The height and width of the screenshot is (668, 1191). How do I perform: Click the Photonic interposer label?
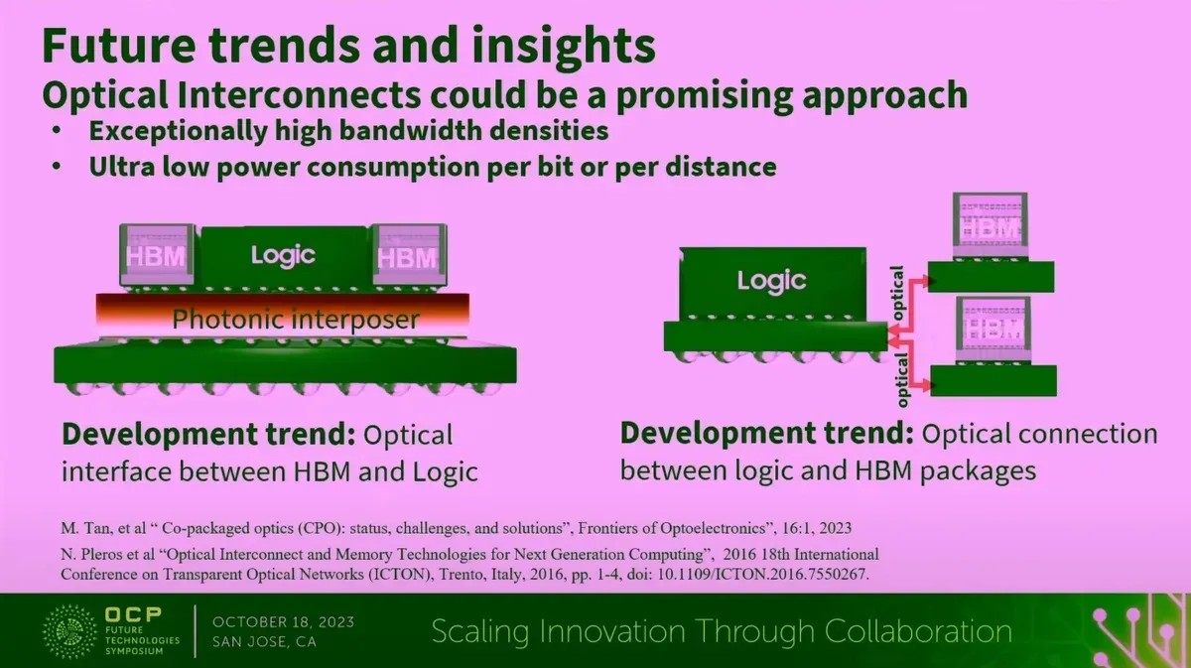[x=296, y=319]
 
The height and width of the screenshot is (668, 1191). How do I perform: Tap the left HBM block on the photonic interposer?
[x=157, y=256]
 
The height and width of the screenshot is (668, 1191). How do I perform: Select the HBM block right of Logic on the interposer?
[x=409, y=256]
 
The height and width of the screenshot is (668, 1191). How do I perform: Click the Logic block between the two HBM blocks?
[x=284, y=258]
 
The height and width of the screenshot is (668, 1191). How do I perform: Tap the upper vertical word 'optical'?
[x=897, y=293]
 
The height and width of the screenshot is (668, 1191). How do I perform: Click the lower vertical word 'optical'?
[x=902, y=380]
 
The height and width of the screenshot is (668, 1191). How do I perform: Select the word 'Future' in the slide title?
[x=119, y=45]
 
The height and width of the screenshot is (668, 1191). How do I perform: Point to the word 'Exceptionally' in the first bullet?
[x=178, y=131]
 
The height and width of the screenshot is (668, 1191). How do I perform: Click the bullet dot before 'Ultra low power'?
[x=57, y=167]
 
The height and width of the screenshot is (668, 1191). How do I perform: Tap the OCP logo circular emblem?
[x=69, y=631]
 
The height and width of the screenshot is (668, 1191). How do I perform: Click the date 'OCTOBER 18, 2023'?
[x=284, y=622]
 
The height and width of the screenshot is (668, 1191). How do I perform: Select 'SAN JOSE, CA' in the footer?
[x=264, y=642]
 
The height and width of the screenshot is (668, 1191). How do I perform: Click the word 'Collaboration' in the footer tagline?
[x=918, y=631]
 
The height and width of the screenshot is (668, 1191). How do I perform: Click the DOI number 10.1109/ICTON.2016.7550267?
[x=763, y=575]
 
